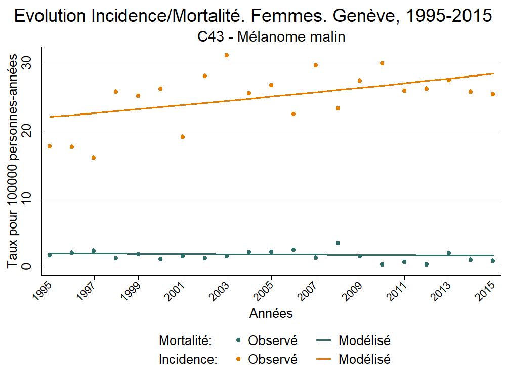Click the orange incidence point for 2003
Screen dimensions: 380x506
coord(227,55)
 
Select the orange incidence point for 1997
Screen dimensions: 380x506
coord(94,158)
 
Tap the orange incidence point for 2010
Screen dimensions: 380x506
coord(382,63)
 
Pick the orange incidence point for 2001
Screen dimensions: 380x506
coord(183,137)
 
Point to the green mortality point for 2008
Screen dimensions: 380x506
coord(338,243)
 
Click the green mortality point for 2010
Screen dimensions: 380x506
coord(382,264)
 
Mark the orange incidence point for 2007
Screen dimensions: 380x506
coord(316,65)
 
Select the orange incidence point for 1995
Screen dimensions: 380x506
coord(50,146)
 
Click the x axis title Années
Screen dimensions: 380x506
coord(271,314)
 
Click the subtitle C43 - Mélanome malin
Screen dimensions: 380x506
coord(271,37)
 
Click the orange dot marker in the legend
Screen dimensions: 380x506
coord(238,360)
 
